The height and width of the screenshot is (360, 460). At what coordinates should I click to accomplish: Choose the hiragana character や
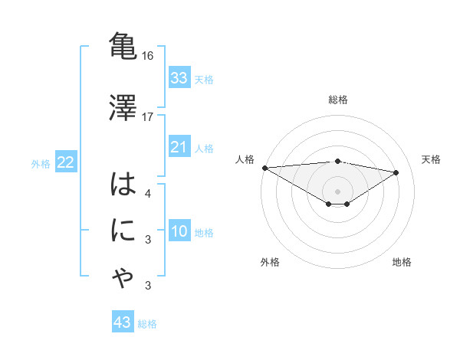coord(123,280)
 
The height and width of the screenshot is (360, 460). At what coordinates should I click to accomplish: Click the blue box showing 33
coord(179,78)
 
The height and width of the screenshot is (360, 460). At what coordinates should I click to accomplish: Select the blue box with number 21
coord(179,147)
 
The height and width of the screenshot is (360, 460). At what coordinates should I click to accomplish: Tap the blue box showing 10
coord(179,232)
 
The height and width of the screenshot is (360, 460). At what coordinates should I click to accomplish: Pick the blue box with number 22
coord(65,162)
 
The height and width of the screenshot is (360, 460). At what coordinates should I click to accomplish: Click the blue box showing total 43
coord(123,322)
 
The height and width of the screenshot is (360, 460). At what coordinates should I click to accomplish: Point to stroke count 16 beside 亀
coord(148,57)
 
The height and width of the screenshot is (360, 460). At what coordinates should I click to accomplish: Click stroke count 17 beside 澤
coord(148,116)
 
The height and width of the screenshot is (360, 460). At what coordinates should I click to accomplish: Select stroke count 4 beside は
coord(148,193)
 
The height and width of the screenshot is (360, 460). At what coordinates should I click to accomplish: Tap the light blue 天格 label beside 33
coord(204,79)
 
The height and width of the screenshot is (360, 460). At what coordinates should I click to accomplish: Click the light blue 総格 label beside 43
coord(147,324)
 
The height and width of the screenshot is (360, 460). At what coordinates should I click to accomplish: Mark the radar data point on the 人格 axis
coord(264,168)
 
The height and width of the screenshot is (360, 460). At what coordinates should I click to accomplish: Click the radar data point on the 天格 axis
coord(396,172)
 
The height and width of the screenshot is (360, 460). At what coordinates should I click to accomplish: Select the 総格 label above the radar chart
coord(337,100)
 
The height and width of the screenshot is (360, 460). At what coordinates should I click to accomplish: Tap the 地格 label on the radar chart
coord(402,262)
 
